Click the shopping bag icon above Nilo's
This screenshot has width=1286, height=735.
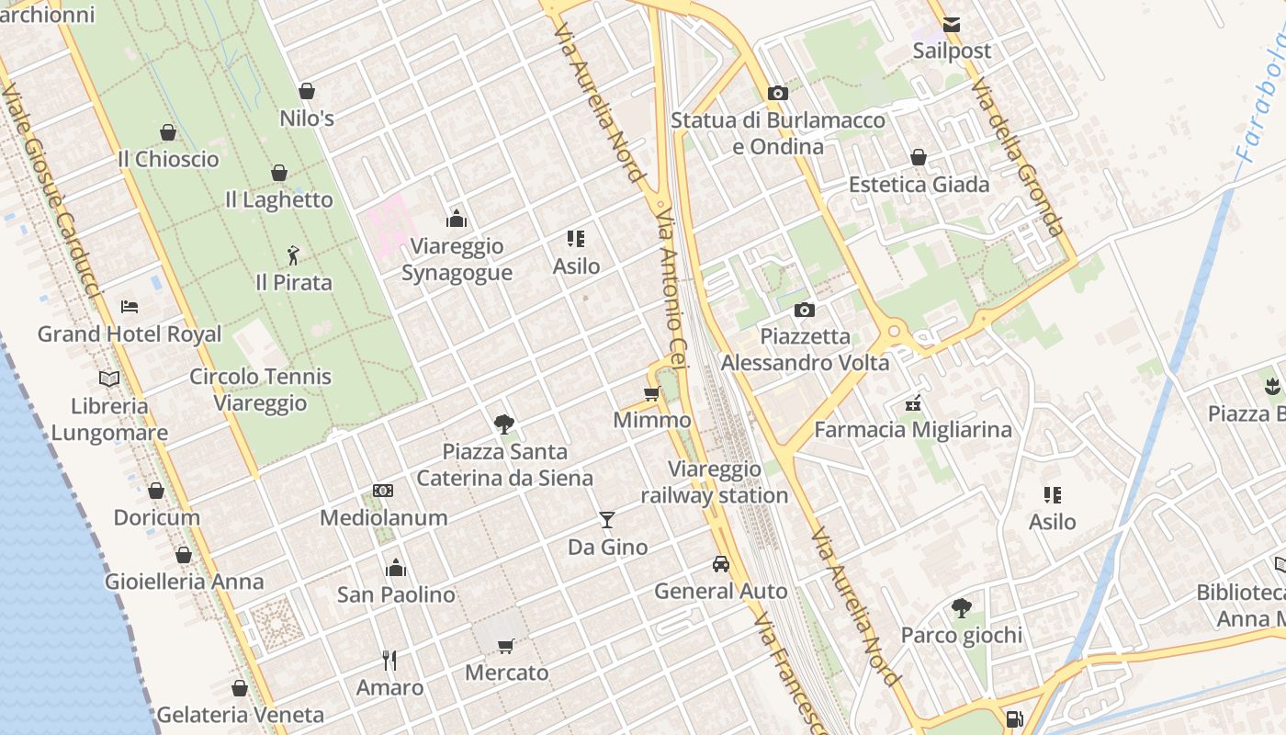click(x=307, y=91)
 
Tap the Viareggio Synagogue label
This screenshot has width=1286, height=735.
click(x=457, y=259)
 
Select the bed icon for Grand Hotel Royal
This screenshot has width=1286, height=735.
click(x=130, y=306)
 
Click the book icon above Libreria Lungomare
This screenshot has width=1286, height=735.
click(x=109, y=379)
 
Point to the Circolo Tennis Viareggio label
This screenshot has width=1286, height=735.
click(x=260, y=390)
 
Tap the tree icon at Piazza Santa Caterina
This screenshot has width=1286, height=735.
click(x=503, y=424)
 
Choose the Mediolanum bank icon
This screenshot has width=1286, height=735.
click(x=383, y=491)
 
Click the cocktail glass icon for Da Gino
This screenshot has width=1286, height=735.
click(x=606, y=520)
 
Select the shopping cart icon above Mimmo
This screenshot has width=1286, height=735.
click(x=651, y=393)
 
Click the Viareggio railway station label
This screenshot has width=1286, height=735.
click(x=714, y=482)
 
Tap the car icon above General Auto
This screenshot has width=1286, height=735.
click(x=721, y=563)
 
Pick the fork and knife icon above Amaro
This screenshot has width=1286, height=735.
click(x=389, y=660)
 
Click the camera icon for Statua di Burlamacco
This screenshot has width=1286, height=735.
click(x=777, y=93)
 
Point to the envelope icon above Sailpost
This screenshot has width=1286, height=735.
click(x=952, y=25)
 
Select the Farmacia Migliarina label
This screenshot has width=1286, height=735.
click(x=912, y=429)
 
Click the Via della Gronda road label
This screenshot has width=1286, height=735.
click(x=1018, y=156)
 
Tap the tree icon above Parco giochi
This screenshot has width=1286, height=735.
click(x=961, y=607)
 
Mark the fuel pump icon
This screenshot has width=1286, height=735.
click(x=1014, y=719)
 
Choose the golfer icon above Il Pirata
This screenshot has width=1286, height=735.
click(x=293, y=254)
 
